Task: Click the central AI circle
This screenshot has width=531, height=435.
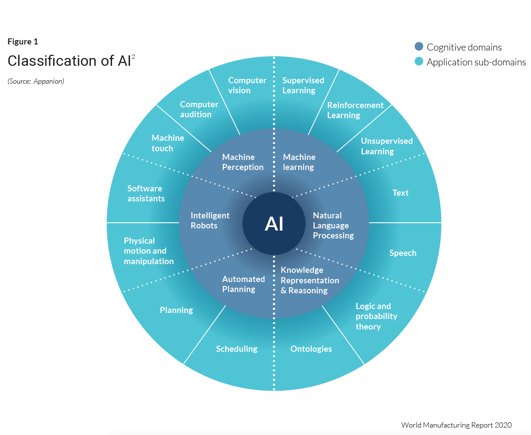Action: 274,224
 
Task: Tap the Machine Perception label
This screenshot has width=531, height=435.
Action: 242,162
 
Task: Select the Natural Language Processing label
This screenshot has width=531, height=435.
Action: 333,225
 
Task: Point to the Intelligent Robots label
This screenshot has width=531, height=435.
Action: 210,221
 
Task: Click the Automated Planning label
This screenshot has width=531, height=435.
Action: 243,284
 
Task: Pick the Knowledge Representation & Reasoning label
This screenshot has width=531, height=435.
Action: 310,280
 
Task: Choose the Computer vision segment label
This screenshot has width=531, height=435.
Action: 247,85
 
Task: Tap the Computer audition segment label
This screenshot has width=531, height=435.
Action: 199,109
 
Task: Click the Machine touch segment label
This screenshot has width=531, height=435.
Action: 167,143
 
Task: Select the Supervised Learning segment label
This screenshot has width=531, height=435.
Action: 303,85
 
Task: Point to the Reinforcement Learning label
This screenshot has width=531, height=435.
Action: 355,110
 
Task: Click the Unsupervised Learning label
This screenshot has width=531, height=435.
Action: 386,146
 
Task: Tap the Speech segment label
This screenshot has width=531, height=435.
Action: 402,253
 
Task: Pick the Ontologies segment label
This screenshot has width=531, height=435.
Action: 311,349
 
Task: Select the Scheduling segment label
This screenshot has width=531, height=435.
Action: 236,349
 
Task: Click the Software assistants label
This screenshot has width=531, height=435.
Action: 146,194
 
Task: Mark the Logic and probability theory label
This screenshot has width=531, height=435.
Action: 376,316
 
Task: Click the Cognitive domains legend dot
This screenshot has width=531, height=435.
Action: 419,47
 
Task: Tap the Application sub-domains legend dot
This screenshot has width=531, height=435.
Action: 419,61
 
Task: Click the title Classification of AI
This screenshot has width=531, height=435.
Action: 69,61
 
